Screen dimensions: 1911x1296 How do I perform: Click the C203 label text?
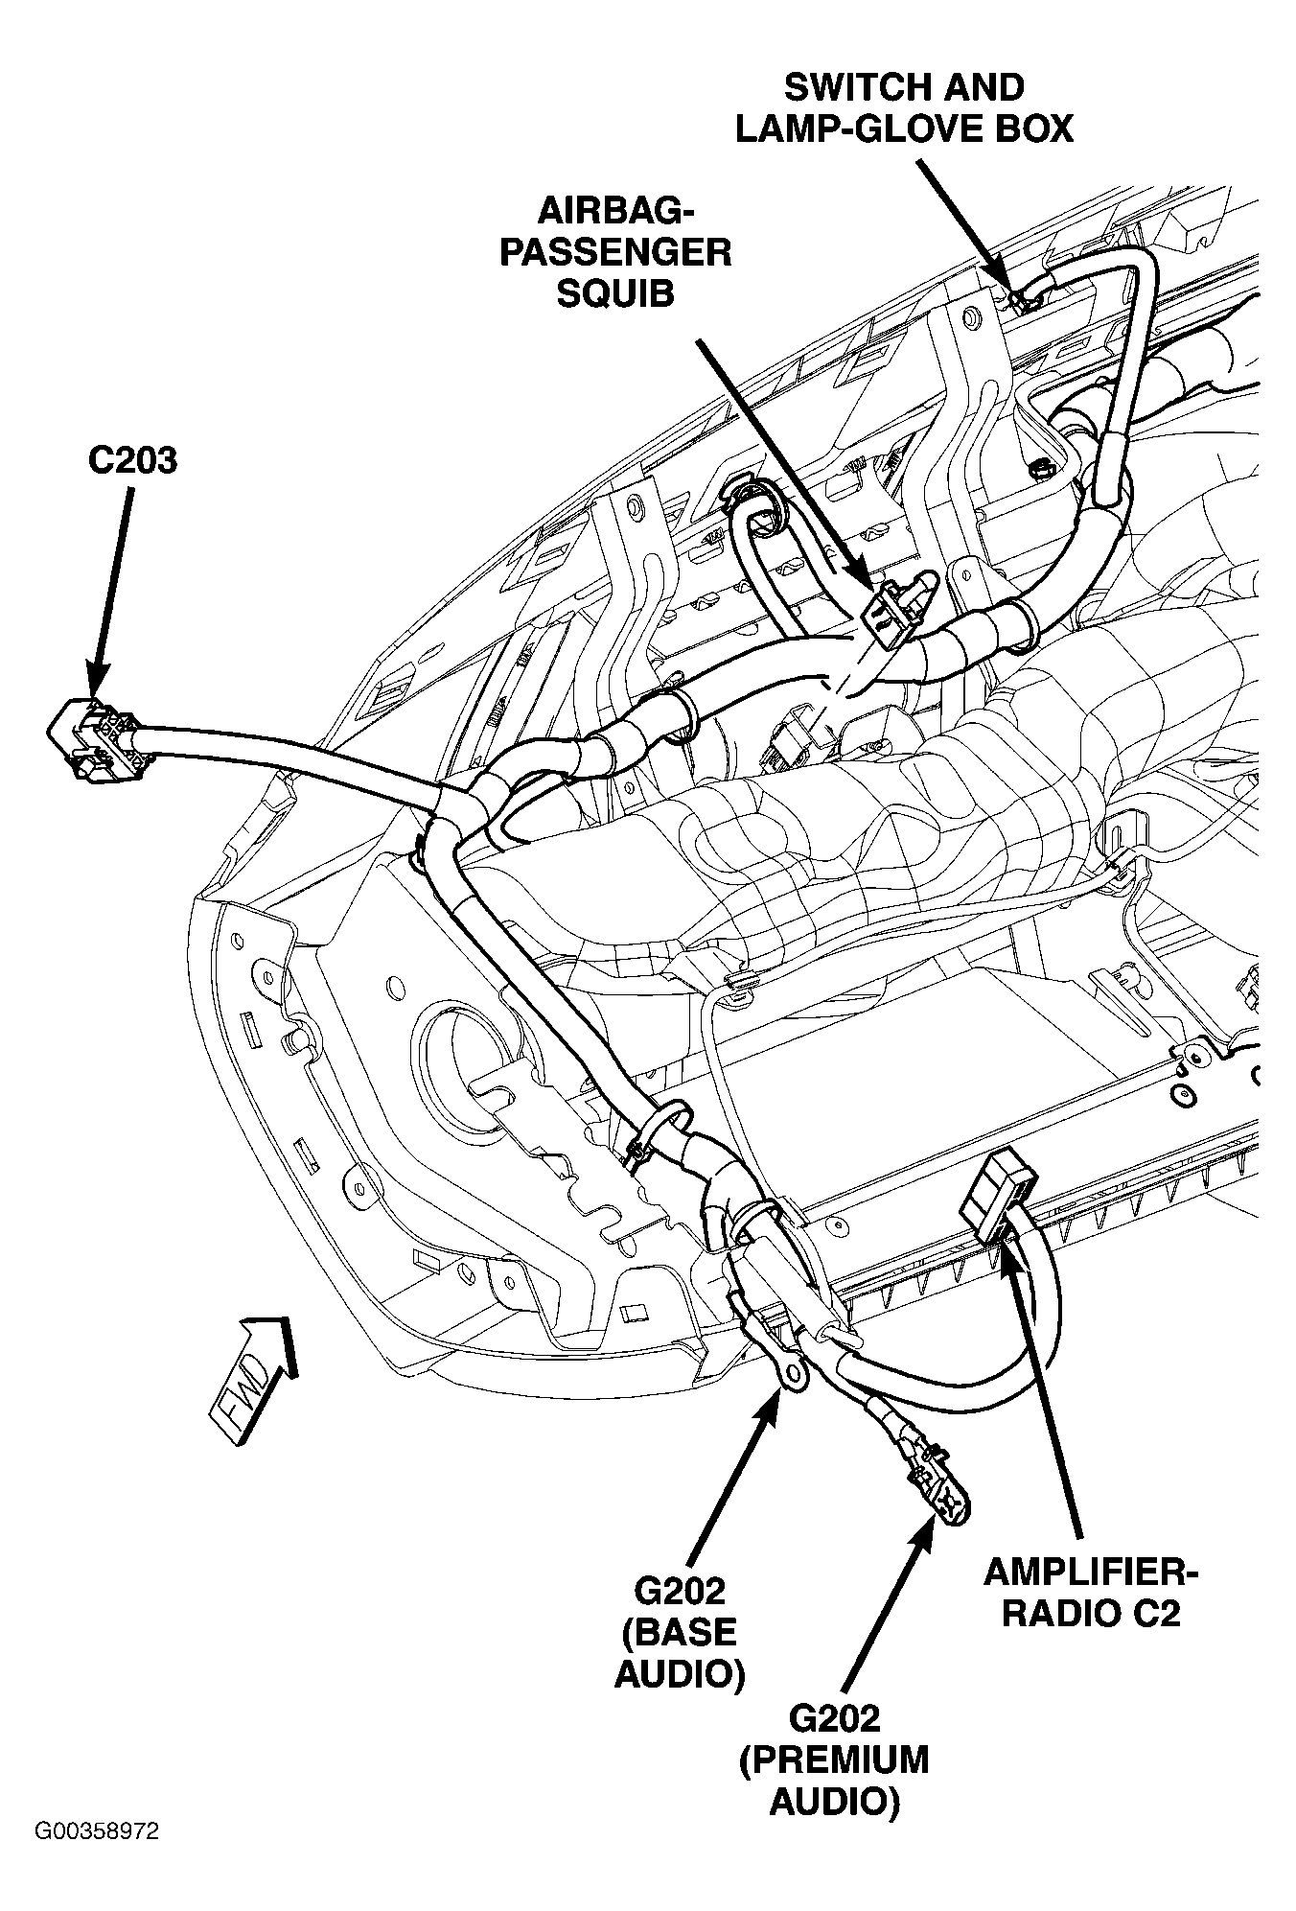click(x=132, y=460)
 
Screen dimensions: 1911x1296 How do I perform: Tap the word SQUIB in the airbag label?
click(x=614, y=293)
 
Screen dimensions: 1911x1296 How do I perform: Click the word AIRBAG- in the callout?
click(x=615, y=210)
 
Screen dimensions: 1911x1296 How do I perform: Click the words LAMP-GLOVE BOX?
click(x=904, y=129)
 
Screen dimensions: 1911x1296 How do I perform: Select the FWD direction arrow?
click(x=252, y=1381)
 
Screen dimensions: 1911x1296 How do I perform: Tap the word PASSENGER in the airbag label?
click(x=615, y=252)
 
